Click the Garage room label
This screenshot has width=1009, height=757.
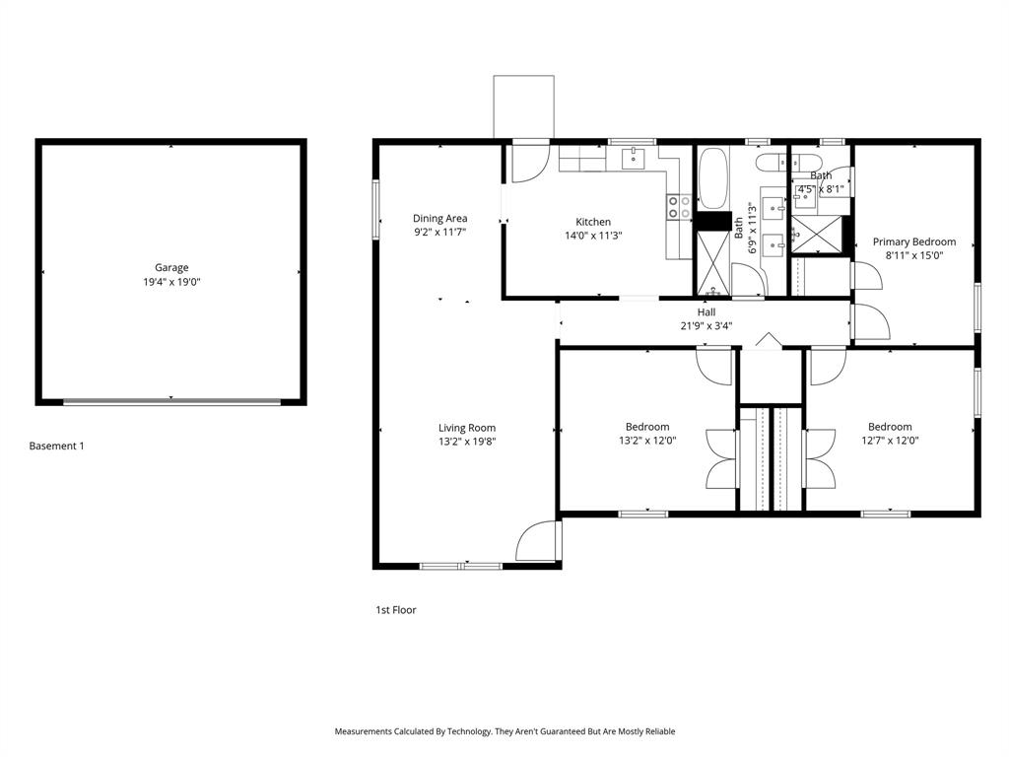click(x=171, y=267)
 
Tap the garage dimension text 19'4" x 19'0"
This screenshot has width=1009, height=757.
click(x=171, y=282)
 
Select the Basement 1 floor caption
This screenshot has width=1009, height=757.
click(x=56, y=446)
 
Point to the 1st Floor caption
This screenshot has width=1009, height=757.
click(x=396, y=610)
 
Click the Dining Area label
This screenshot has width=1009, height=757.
click(x=439, y=219)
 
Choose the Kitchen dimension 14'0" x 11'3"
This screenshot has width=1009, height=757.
click(x=593, y=236)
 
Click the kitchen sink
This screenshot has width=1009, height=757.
click(x=633, y=157)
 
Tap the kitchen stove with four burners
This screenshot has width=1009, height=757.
click(x=679, y=206)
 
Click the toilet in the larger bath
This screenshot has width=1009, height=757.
click(x=773, y=163)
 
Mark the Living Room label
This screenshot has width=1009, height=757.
click(x=467, y=428)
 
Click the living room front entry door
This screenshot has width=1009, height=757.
click(x=538, y=542)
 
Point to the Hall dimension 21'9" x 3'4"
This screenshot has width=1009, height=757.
click(x=706, y=326)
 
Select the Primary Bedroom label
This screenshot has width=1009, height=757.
click(x=914, y=241)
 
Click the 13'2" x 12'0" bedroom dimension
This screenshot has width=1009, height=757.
click(x=647, y=441)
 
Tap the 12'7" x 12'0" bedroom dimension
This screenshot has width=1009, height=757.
click(x=888, y=441)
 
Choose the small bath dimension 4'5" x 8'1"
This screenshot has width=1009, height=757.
click(x=821, y=188)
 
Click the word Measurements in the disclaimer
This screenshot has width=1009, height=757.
click(x=368, y=731)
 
